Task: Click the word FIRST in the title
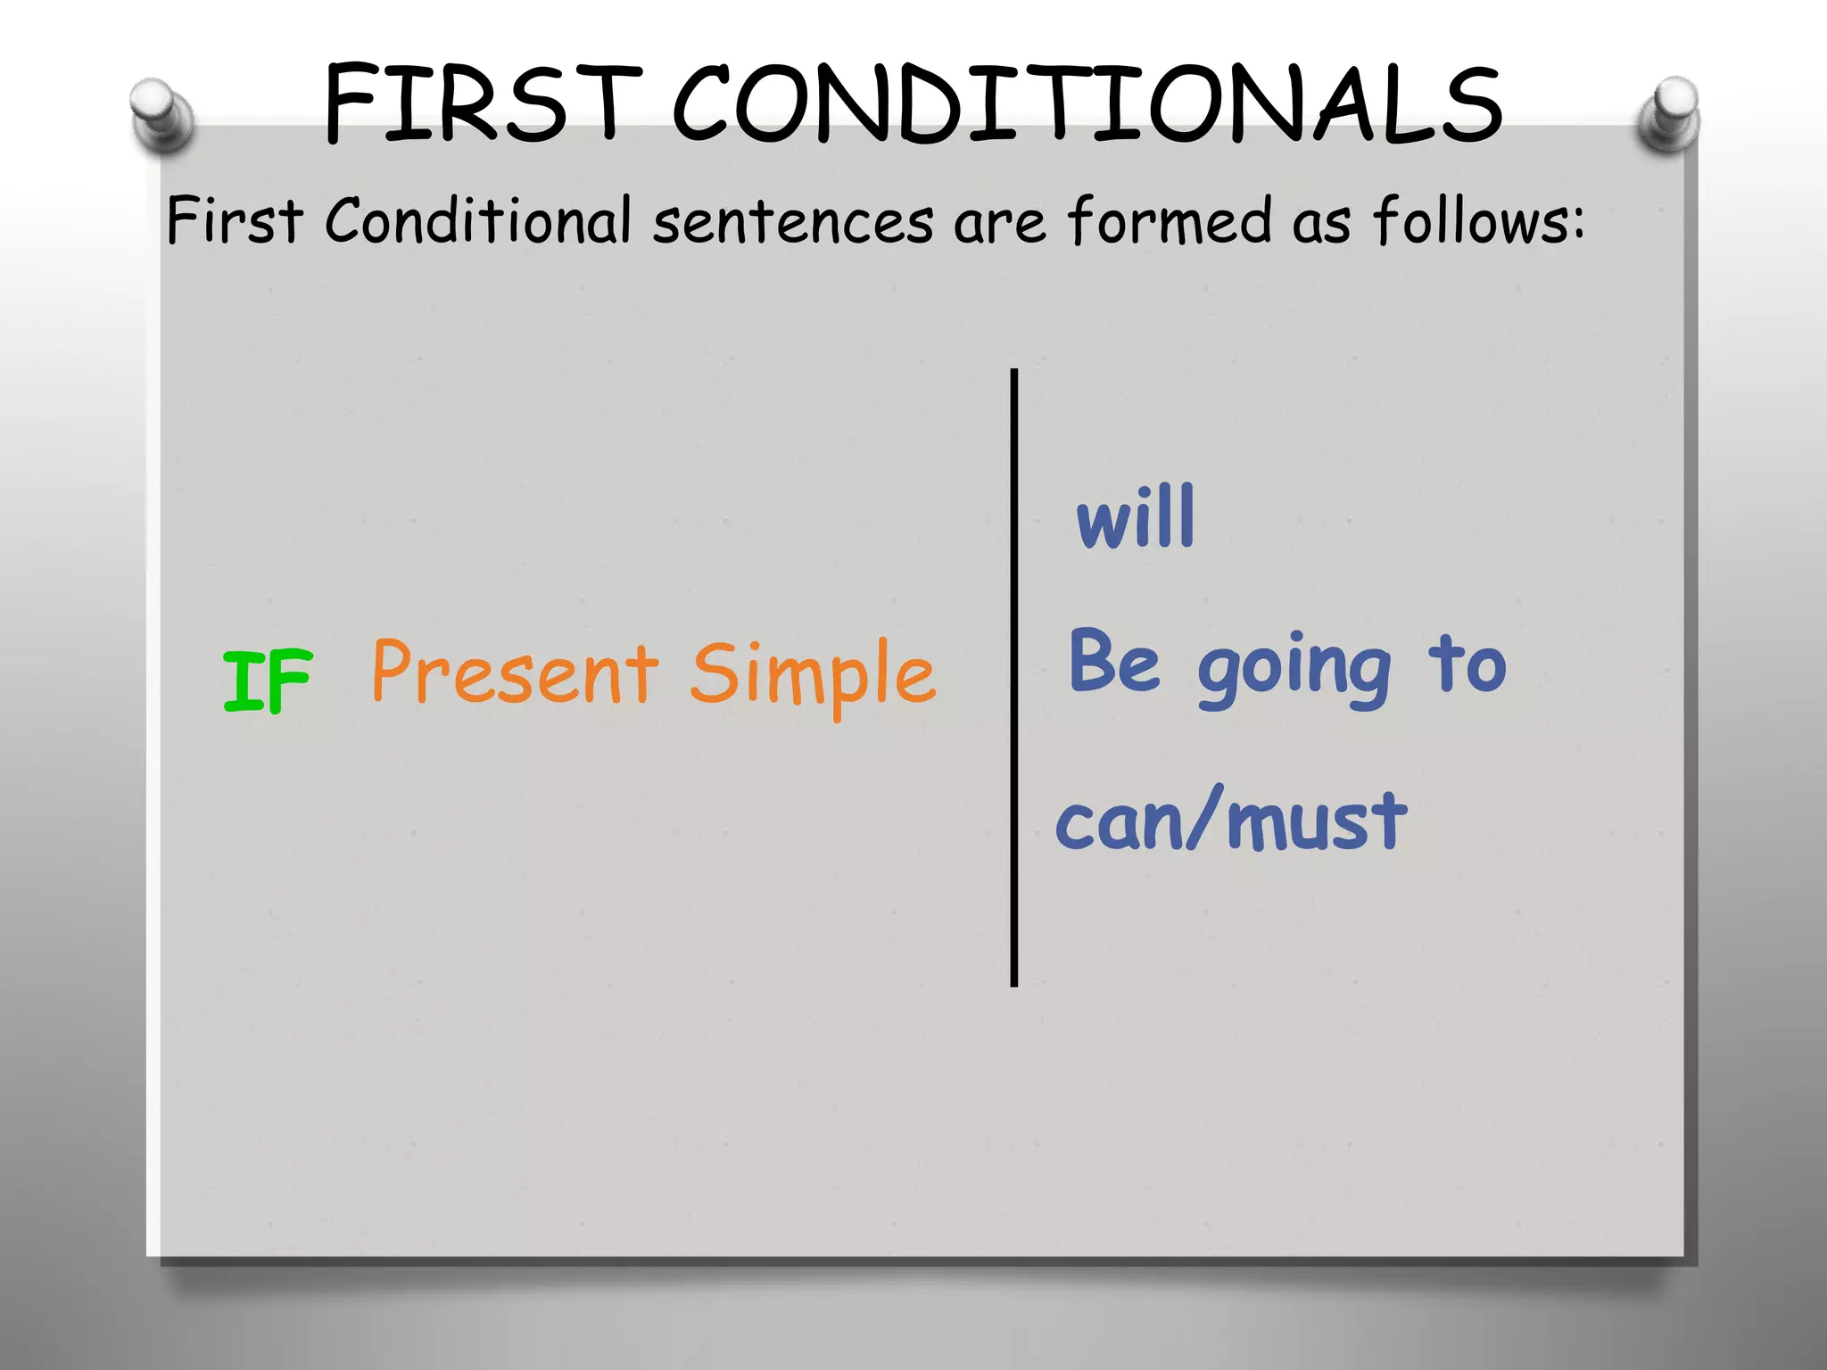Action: point(483,105)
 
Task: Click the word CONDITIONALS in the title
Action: point(1087,105)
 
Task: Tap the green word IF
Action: point(267,681)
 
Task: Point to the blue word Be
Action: point(1114,662)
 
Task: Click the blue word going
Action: point(1294,669)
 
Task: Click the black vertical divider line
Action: point(1013,678)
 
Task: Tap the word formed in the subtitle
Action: point(1169,220)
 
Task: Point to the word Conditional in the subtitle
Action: point(477,220)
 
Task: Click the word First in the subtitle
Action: point(235,220)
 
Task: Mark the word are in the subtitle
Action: point(998,224)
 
